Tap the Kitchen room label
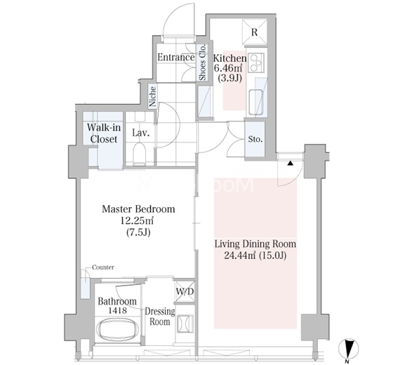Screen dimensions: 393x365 (x=229, y=58)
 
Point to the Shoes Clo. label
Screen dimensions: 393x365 (x=202, y=62)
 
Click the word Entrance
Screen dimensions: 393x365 (x=176, y=58)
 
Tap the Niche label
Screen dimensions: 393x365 (x=153, y=96)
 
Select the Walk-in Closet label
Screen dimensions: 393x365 (x=104, y=133)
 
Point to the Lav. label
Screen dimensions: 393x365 (x=141, y=133)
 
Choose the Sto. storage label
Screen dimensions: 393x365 (x=255, y=139)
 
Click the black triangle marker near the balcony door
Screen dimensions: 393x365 (x=290, y=164)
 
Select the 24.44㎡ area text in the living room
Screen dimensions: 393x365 (x=239, y=255)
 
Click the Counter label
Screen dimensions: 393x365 (x=103, y=267)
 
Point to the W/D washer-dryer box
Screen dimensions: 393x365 (x=185, y=291)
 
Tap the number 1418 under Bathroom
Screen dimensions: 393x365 (x=118, y=311)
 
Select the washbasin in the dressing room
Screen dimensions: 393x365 (x=185, y=324)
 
